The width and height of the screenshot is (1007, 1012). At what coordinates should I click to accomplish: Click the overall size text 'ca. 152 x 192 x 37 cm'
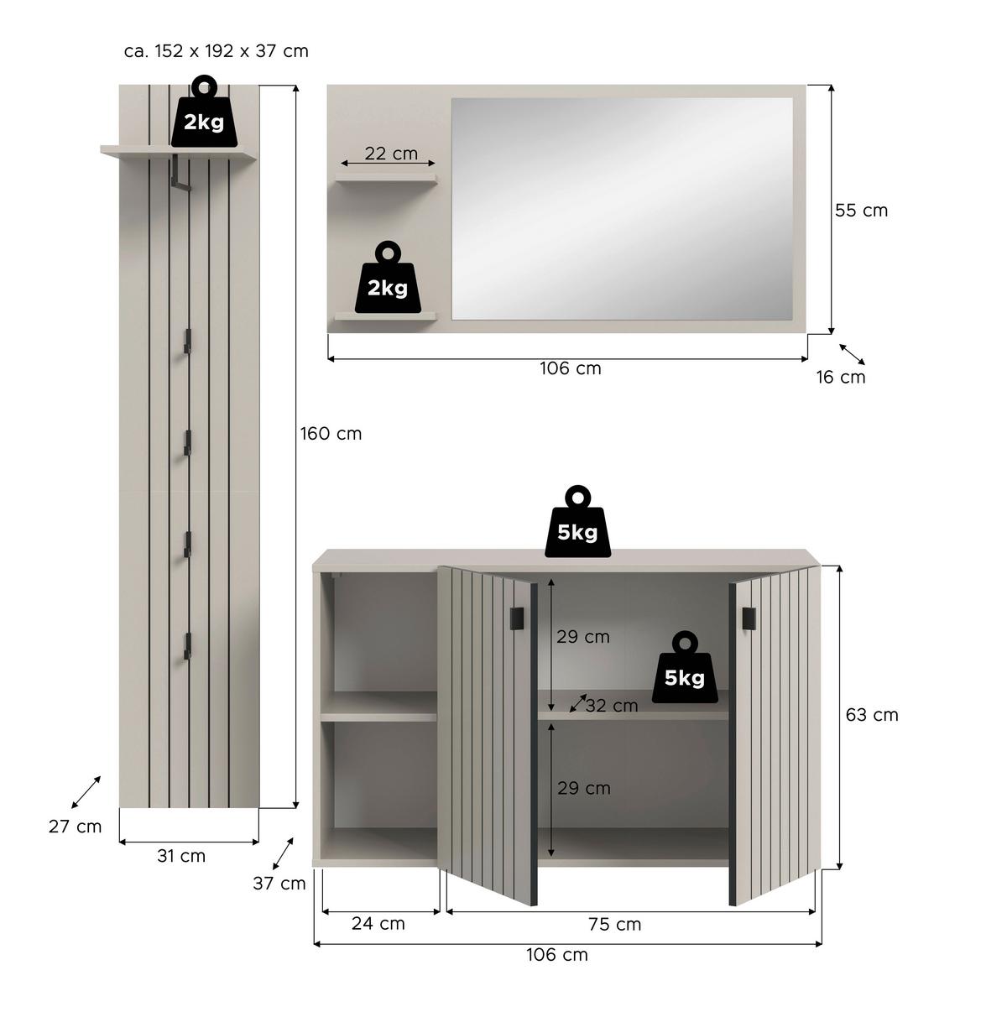(x=217, y=51)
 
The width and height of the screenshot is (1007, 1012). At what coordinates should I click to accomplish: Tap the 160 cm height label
(x=331, y=434)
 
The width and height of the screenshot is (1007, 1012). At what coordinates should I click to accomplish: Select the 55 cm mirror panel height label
(x=861, y=211)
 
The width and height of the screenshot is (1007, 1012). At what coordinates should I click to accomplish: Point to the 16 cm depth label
(x=841, y=377)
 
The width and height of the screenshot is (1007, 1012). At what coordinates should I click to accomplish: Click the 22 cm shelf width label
(x=391, y=154)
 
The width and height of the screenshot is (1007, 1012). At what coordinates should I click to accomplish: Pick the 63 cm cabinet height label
(x=872, y=715)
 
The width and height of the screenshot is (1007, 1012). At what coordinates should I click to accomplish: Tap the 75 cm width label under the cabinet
(x=615, y=925)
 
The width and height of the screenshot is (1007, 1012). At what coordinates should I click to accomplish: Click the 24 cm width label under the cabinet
(x=378, y=924)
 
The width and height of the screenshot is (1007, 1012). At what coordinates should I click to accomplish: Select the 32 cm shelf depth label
(x=611, y=706)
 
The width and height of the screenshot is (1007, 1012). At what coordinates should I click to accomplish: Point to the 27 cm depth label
(x=75, y=827)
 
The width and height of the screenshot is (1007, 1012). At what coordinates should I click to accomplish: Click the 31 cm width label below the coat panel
(x=181, y=856)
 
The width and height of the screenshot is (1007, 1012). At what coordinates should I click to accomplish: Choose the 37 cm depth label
(x=279, y=883)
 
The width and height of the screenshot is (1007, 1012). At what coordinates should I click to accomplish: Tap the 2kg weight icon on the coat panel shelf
(x=204, y=115)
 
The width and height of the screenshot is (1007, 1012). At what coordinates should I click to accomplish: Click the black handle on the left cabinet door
(x=517, y=618)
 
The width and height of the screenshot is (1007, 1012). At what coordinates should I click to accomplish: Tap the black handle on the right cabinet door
(x=748, y=618)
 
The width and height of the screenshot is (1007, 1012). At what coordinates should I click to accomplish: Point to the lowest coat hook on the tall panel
(x=188, y=645)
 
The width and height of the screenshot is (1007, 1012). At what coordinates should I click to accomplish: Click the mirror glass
(x=622, y=208)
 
